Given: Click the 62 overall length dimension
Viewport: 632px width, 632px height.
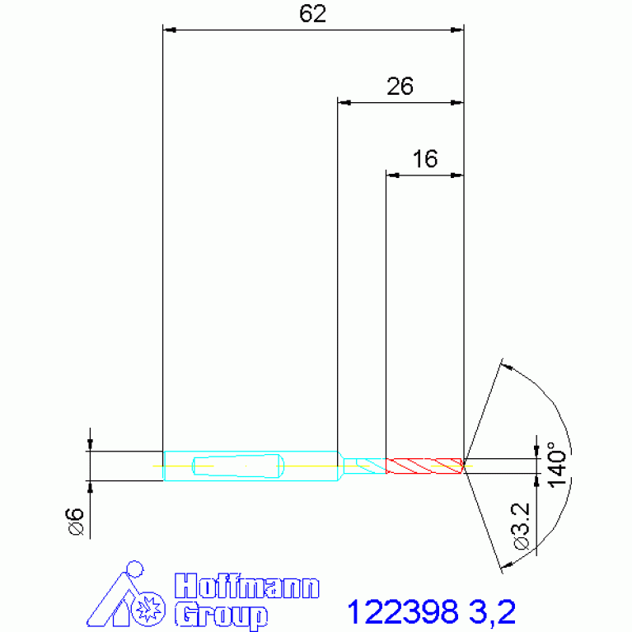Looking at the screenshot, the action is [x=312, y=14].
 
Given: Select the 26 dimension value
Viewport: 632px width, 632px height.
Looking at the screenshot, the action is [x=400, y=87].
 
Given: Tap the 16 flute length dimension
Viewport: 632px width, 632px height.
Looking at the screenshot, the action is [x=425, y=159].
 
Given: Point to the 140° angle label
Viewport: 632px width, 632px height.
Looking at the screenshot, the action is [x=557, y=465].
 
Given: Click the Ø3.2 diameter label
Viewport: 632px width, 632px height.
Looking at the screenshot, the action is [x=521, y=526].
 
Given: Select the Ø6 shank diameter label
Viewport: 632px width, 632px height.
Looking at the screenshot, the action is [x=74, y=522].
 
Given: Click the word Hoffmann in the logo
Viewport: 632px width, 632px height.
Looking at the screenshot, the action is [x=247, y=586].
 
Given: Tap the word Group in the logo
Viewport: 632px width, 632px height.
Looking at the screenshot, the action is [x=222, y=615].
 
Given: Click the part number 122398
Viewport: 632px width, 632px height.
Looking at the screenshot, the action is [x=403, y=611].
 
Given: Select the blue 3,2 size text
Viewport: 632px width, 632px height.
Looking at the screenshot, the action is [x=492, y=612].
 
